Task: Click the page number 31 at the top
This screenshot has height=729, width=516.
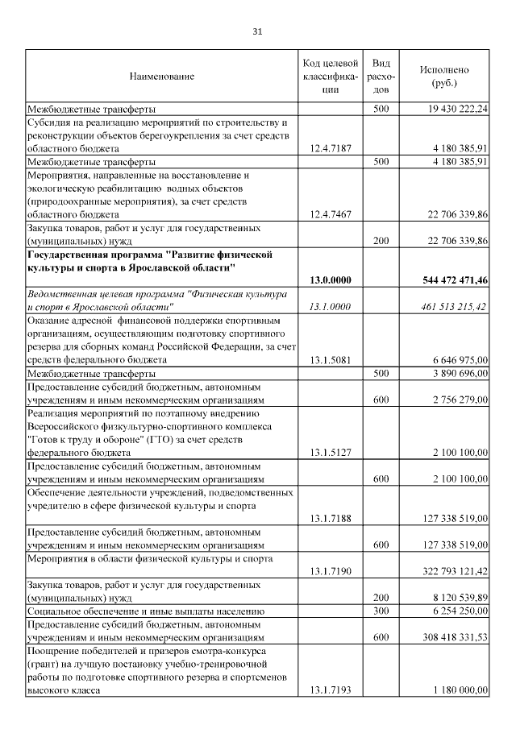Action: pos(257,31)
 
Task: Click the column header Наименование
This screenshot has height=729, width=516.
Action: pos(162,77)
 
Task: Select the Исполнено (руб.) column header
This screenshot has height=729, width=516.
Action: pos(443,77)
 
